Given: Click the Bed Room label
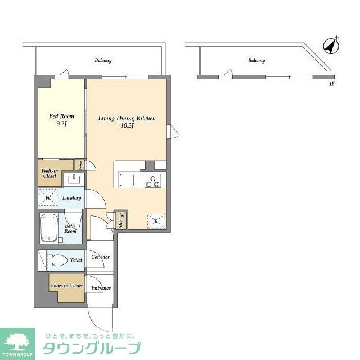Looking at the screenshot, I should (x=61, y=116).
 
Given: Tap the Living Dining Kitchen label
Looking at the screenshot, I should (x=127, y=119).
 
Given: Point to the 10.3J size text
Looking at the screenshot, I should (x=127, y=126).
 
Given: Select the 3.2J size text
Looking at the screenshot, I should (x=61, y=123).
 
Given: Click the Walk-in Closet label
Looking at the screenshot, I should (x=49, y=172).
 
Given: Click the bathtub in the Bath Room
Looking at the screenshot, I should (x=49, y=228).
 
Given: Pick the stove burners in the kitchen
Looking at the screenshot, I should (x=152, y=181).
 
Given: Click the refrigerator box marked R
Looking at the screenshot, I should (x=156, y=221).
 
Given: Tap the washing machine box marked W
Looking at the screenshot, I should (x=48, y=198).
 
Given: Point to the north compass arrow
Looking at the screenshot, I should (x=332, y=45).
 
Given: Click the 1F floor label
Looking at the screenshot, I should (x=331, y=84).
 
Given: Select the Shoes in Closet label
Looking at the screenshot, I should (x=66, y=286).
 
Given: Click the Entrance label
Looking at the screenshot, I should (x=101, y=289).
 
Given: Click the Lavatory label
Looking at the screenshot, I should (x=72, y=198).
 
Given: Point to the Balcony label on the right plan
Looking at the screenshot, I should (x=256, y=60).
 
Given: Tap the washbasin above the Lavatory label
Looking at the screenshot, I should (x=73, y=180).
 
